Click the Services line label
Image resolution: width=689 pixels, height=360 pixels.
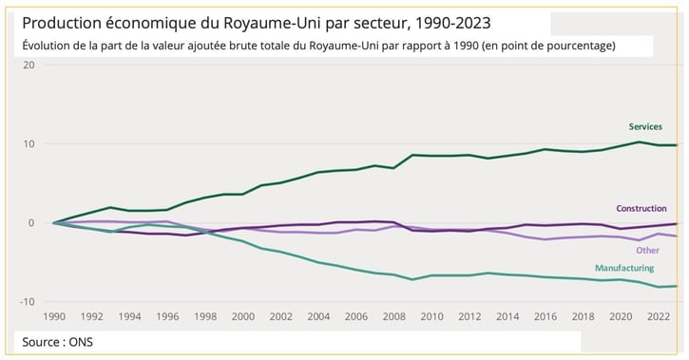pos(645,126)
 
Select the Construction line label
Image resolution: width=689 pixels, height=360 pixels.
pos(641,208)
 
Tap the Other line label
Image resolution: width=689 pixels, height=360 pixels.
pos(647,250)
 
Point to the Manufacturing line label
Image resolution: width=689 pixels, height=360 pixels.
pos(624,269)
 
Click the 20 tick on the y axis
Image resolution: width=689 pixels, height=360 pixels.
pos(29,65)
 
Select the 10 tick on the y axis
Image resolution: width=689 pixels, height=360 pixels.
pos(29,144)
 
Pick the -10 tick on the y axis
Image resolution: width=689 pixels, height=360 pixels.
pos(27,302)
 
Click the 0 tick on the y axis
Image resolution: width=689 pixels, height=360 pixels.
pos(31,223)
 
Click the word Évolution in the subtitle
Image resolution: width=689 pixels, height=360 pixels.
pos(48,46)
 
